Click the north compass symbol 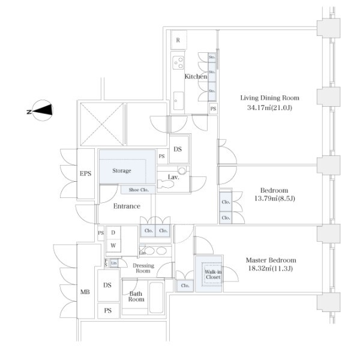pos(43,111)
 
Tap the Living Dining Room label pos(269,98)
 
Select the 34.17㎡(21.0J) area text pos(269,109)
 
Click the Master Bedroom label pos(271,260)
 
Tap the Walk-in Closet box pos(208,274)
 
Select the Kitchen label pos(196,77)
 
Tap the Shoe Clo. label pos(139,190)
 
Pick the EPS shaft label pos(85,174)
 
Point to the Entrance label pos(127,206)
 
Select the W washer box pos(112,245)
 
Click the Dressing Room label pos(142,268)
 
